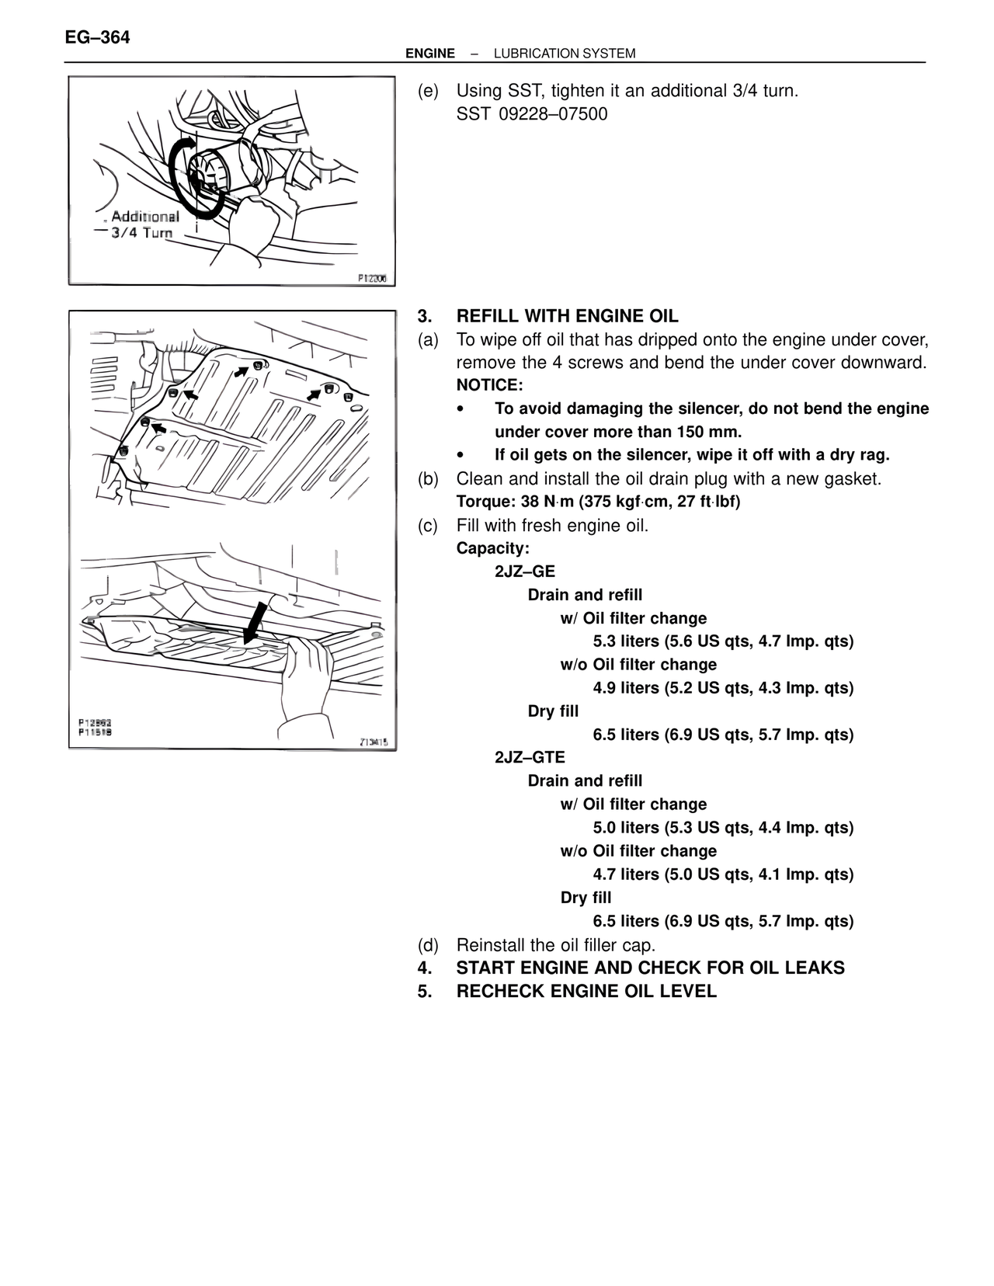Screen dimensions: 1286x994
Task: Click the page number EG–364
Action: click(x=98, y=36)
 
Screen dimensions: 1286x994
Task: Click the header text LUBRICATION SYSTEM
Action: click(x=565, y=54)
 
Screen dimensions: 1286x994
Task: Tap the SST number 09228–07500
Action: click(x=553, y=114)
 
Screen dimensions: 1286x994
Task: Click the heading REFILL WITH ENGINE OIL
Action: click(x=567, y=316)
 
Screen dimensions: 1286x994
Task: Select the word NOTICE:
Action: click(x=490, y=385)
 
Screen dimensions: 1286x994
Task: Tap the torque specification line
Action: click(x=598, y=502)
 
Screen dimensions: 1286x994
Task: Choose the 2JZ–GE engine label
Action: click(x=525, y=572)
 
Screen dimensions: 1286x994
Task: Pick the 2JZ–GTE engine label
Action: click(x=530, y=757)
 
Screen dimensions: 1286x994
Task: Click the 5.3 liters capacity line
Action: click(x=723, y=641)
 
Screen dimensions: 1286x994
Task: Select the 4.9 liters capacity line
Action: click(x=723, y=688)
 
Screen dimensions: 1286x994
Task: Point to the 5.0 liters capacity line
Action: click(x=723, y=828)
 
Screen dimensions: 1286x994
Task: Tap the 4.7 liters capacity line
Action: click(x=723, y=874)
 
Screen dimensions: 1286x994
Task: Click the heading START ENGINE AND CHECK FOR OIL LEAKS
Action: click(x=650, y=968)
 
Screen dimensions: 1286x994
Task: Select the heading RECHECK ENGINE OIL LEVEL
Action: click(x=586, y=992)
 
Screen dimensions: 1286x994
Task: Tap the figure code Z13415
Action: click(x=374, y=742)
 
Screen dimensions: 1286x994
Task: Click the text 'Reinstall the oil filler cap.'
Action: click(x=556, y=945)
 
